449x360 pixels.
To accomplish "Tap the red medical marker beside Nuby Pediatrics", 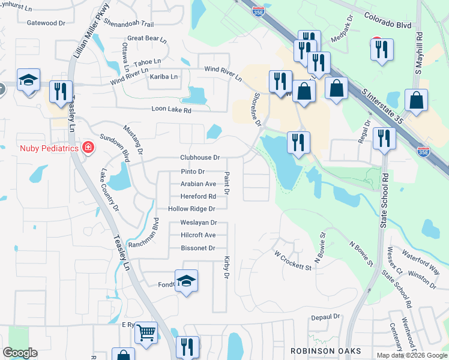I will pos(88,147).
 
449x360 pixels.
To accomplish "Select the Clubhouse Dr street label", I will pos(200,158).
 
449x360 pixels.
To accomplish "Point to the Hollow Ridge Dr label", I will pos(191,209).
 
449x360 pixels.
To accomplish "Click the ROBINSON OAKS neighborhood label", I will pos(325,350).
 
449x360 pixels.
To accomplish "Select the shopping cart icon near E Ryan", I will pos(146,332).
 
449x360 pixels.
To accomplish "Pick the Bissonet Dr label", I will pos(197,248).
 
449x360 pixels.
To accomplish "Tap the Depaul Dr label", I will pos(325,316).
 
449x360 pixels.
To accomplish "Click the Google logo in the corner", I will pos(20,353).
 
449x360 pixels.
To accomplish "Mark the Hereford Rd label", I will pos(198,197).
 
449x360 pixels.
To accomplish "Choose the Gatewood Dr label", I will pos(46,23).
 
